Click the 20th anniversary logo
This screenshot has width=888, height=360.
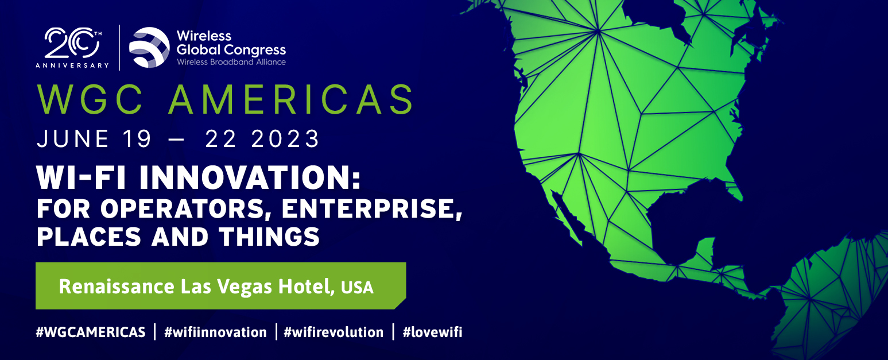(72, 48)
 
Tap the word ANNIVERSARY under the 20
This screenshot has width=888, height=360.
(72, 65)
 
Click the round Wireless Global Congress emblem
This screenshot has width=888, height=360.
(149, 47)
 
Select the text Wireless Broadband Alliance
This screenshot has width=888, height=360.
(231, 62)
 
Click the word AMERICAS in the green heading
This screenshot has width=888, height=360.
(292, 99)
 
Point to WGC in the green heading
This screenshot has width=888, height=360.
(90, 99)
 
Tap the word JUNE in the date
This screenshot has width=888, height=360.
(73, 139)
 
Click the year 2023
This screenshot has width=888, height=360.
(285, 139)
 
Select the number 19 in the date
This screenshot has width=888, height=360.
(137, 139)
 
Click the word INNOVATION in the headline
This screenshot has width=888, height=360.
(250, 177)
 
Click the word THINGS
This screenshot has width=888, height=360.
(269, 237)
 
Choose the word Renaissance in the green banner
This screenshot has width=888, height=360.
(117, 287)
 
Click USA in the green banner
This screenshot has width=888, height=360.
(357, 288)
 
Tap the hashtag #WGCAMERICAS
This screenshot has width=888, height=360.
(91, 332)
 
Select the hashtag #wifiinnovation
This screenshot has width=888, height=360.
(215, 332)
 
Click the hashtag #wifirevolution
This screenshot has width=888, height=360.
(334, 332)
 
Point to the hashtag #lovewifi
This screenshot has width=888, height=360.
(432, 332)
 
